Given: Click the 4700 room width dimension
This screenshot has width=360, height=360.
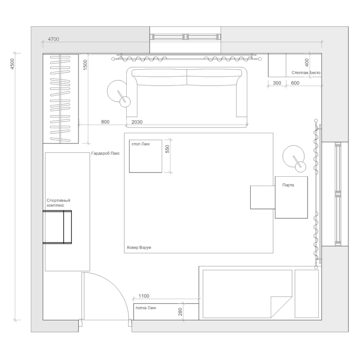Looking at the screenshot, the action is point(53,39).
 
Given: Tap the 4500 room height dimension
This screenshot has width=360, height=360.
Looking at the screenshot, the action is point(12,64).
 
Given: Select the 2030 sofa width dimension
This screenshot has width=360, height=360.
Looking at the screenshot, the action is point(137,122).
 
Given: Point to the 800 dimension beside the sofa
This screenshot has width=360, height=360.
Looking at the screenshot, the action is point(105,122).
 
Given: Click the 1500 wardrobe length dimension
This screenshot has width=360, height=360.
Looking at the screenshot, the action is point(85,65).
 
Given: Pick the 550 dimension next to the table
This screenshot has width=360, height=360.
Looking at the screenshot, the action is point(167,149).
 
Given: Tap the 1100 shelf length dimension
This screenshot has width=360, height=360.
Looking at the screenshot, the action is point(144,296).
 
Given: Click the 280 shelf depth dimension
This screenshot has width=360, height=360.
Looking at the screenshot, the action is point(180,311).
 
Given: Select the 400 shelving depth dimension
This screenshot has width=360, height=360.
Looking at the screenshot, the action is point(307,63).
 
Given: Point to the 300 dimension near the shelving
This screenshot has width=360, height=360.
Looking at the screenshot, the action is point(277,83).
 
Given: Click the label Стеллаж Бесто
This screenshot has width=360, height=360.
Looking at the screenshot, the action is point(306,72).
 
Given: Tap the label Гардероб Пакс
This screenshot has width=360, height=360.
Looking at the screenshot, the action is point(105,153).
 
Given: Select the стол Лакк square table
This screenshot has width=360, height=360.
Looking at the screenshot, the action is point(145,156).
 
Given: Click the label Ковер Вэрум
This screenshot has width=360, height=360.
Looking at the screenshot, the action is point(139,247).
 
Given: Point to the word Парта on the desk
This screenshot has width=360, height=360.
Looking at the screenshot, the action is point(288,185).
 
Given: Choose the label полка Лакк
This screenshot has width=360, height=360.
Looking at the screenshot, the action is point(146,308).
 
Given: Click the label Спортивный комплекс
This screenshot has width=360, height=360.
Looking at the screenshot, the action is point(58,203).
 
